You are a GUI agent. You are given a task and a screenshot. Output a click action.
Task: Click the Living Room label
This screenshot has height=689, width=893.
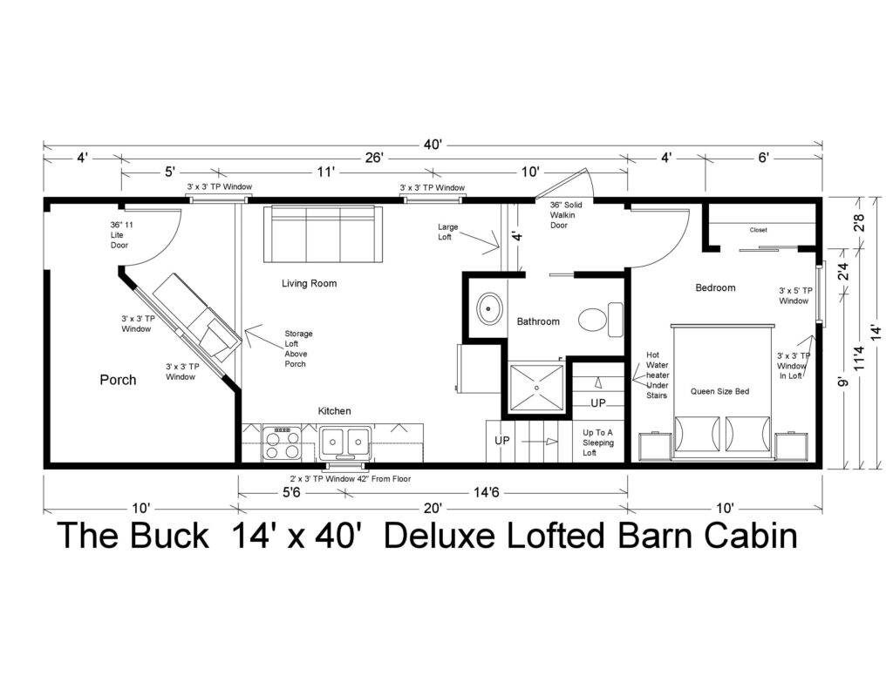[x=309, y=283]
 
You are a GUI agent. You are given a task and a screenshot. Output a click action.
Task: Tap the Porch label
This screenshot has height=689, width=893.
[x=118, y=380]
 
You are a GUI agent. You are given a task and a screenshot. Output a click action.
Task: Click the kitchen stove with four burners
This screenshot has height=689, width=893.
[x=282, y=442]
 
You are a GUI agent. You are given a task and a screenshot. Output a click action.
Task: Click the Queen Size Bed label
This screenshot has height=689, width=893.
[x=719, y=391]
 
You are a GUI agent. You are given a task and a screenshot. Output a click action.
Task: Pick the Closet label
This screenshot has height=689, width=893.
[x=758, y=230]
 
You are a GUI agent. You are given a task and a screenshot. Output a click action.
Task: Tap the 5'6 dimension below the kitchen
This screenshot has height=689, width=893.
[x=291, y=492]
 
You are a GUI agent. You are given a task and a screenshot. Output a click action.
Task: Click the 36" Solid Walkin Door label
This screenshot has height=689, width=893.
[x=565, y=214]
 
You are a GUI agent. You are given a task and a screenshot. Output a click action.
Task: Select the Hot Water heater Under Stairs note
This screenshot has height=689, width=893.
[x=656, y=375]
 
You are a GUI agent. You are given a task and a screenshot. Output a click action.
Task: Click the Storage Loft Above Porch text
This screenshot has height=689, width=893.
[x=298, y=348]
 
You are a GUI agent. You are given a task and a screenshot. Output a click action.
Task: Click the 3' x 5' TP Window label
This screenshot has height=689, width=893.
[x=794, y=296]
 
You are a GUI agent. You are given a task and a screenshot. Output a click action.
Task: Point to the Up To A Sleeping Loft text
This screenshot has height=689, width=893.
[x=598, y=442]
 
